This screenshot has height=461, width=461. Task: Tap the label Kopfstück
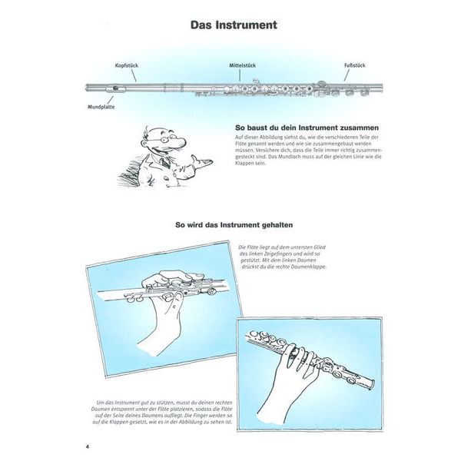[126, 66]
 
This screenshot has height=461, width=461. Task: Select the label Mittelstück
[242, 66]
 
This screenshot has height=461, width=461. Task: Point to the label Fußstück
[354, 66]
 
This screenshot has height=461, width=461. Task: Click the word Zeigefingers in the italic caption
[287, 254]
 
